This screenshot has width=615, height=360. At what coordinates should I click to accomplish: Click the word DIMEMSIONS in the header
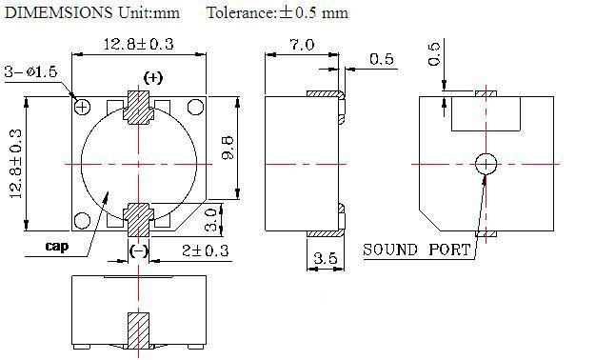[59, 12]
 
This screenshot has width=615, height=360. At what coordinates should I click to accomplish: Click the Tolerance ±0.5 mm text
[277, 12]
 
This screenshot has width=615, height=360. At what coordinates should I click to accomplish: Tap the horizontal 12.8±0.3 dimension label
[138, 44]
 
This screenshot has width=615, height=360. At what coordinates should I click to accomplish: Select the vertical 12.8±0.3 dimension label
[15, 164]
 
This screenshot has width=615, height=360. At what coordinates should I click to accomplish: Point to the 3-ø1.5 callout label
[31, 71]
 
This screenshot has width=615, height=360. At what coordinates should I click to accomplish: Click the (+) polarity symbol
[153, 78]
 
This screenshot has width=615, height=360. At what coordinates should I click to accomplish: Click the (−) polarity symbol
[139, 250]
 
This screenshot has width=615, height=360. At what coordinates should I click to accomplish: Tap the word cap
[57, 246]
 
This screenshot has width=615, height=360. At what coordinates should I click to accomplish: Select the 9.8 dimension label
[228, 148]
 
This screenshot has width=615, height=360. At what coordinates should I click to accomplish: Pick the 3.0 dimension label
[211, 219]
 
